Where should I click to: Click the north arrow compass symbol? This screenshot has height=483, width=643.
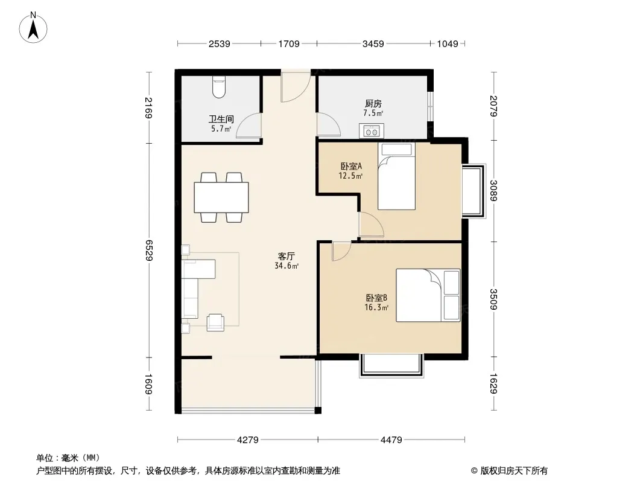click(x=33, y=28)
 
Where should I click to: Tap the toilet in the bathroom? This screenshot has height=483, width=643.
click(x=219, y=88)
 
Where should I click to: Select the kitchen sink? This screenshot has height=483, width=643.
click(x=372, y=131)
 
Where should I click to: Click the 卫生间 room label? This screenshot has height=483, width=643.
click(x=221, y=119)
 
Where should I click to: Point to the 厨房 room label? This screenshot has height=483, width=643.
click(x=373, y=104)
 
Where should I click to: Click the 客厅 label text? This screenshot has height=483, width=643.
click(x=287, y=257)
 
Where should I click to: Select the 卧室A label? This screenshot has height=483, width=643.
click(x=351, y=166)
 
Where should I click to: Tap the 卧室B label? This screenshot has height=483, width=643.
click(x=376, y=298)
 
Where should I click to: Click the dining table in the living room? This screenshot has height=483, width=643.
click(x=221, y=197)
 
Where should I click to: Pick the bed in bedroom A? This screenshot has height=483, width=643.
click(x=396, y=176)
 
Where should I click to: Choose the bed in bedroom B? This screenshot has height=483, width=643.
click(x=428, y=295)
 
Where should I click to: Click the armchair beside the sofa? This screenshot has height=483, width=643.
click(x=215, y=322)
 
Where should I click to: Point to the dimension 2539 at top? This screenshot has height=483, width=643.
click(x=220, y=43)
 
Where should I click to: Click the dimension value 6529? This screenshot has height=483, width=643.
click(x=148, y=251)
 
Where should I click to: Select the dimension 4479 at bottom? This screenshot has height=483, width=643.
click(x=391, y=440)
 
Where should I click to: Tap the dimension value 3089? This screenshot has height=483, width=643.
click(x=494, y=191)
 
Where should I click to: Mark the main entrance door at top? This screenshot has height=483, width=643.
click(x=295, y=87)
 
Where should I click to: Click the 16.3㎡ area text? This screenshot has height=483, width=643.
click(x=376, y=307)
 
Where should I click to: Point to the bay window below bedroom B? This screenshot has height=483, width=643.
click(x=391, y=366)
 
